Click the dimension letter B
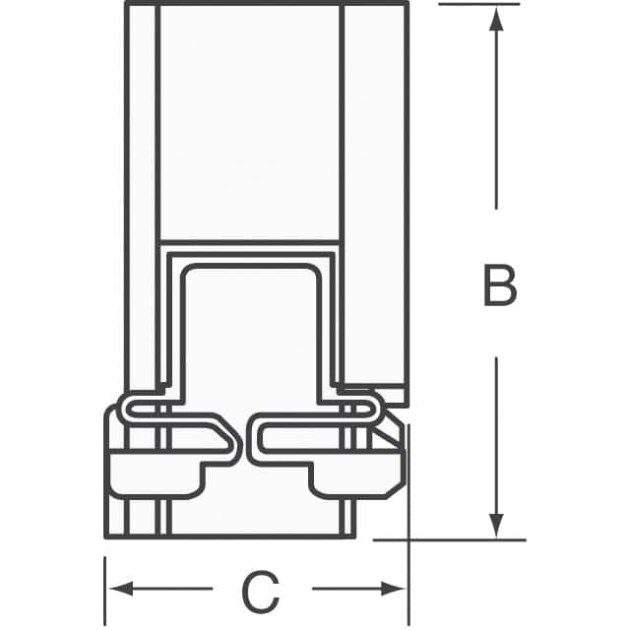click(499, 286)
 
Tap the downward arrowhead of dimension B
click(497, 522)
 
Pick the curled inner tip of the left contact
click(233, 439)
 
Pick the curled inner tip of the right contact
click(258, 439)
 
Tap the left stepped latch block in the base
click(157, 472)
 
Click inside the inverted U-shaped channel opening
click(253, 335)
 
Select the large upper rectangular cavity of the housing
click(248, 118)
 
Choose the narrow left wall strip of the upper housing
click(141, 197)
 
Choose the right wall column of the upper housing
click(375, 197)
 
